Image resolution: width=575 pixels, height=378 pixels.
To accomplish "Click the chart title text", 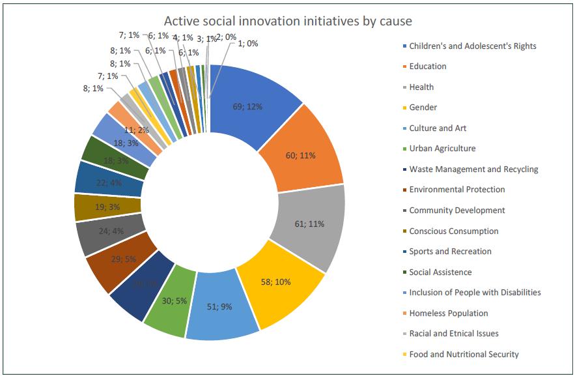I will point(288,21).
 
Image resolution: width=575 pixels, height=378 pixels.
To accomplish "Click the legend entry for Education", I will point(427,66).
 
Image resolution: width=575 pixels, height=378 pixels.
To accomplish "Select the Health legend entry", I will point(421,87).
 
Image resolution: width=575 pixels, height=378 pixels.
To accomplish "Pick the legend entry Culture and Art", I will point(438,128).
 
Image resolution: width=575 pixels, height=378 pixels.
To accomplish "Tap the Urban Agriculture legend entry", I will point(442,149).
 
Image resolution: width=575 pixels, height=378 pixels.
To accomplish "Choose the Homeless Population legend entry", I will point(448,313).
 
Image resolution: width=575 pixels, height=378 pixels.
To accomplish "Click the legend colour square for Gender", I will point(404,108).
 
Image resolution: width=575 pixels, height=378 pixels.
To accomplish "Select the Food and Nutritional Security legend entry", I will point(464,354).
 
